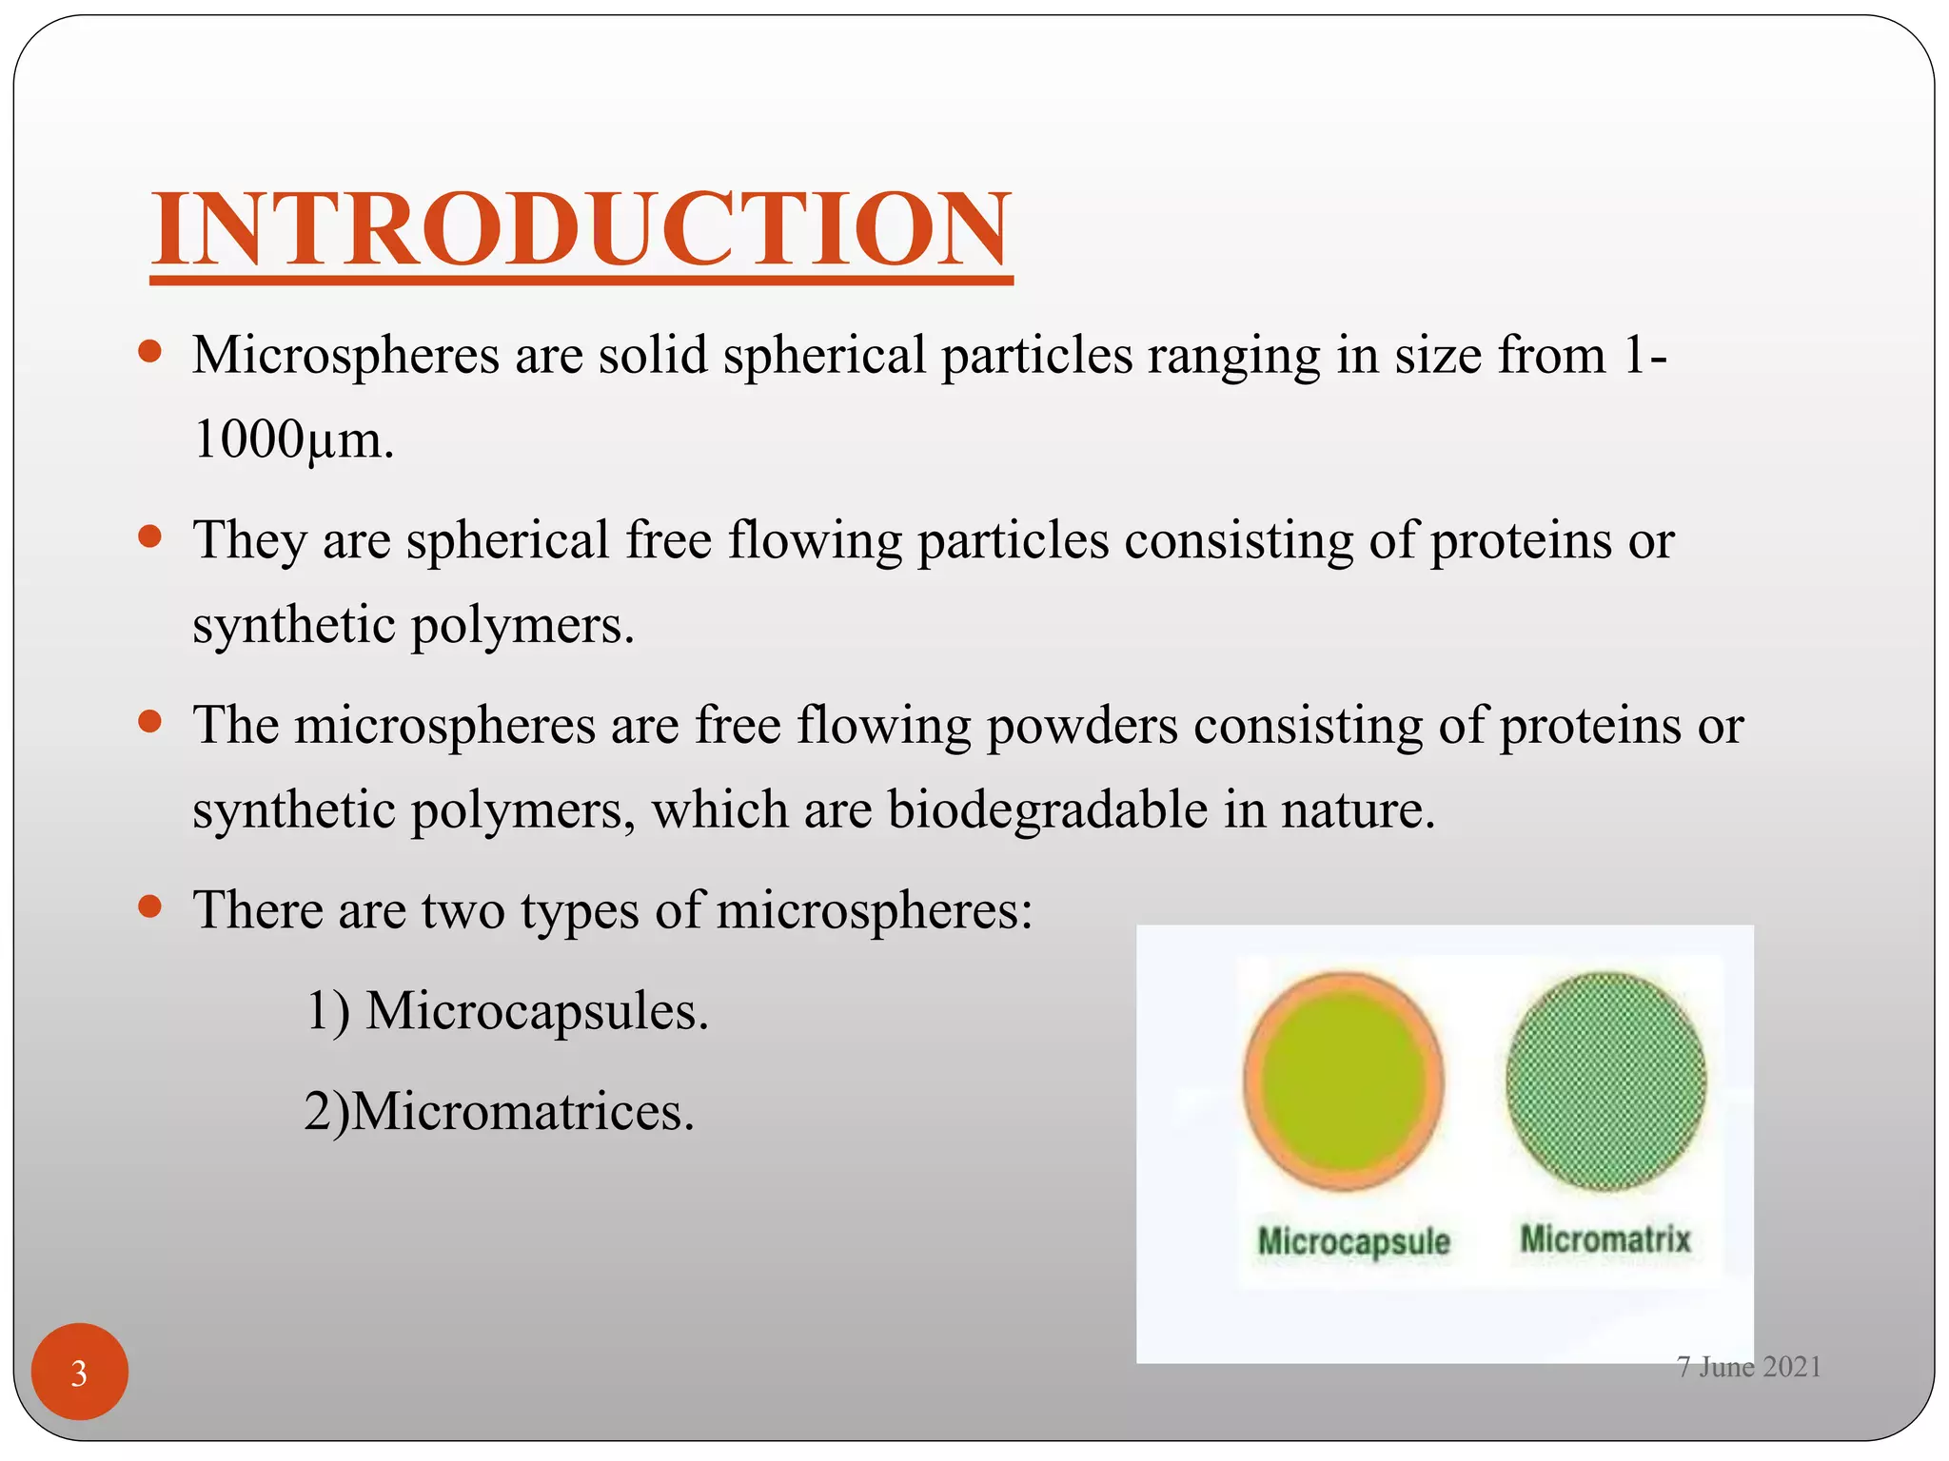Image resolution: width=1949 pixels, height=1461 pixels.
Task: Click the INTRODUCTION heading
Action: [x=581, y=229]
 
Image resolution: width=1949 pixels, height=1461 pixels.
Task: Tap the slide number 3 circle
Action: [x=79, y=1372]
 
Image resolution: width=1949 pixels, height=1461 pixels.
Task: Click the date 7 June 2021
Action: [x=1748, y=1367]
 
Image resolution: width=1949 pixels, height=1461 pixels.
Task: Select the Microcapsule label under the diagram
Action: [x=1353, y=1241]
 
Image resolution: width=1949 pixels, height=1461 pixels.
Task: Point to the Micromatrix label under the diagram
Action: [x=1605, y=1238]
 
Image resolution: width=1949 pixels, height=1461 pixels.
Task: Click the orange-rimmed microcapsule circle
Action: [x=1344, y=1081]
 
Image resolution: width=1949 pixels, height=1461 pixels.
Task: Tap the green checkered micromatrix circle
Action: [x=1606, y=1081]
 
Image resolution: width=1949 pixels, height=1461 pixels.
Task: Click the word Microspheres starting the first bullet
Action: [x=345, y=356]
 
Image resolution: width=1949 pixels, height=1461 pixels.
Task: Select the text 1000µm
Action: [x=292, y=440]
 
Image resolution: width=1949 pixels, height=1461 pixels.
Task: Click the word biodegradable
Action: [x=1047, y=810]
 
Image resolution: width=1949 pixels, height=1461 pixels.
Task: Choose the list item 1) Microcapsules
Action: [x=506, y=1010]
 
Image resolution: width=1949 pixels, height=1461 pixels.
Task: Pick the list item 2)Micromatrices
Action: [x=499, y=1111]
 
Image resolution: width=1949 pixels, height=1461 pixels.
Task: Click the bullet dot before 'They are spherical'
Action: [x=149, y=537]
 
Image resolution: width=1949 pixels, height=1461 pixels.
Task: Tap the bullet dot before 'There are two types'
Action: [x=149, y=906]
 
